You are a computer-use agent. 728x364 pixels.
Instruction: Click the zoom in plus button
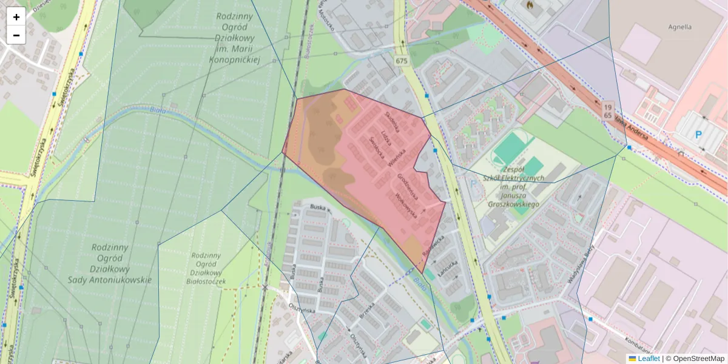click(16, 17)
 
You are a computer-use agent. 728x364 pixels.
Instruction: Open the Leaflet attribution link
click(648, 359)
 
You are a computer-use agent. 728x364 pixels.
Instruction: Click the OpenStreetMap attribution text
click(698, 359)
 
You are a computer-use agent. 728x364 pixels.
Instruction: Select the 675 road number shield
click(401, 61)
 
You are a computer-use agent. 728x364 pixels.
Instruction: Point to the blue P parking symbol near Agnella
click(698, 135)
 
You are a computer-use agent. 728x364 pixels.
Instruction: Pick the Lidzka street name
click(383, 136)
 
